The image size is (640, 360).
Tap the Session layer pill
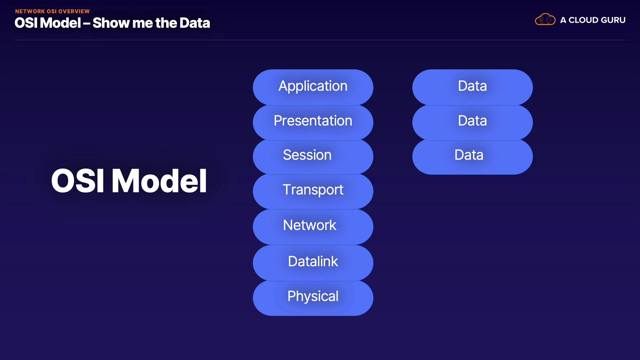tap(313, 156)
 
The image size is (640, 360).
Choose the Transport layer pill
tap(313, 191)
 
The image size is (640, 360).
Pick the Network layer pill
tap(313, 226)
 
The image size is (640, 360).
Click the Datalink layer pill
tap(313, 262)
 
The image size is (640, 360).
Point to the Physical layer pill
tap(313, 297)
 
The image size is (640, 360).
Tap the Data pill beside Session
tap(472, 156)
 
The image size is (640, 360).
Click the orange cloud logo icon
tap(545, 20)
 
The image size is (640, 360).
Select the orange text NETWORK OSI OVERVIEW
tap(52, 11)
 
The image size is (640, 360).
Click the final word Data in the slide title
tap(195, 23)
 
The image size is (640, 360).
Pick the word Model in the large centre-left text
tap(159, 181)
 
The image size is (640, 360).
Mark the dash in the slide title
tap(87, 23)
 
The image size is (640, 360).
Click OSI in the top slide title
tap(26, 23)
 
